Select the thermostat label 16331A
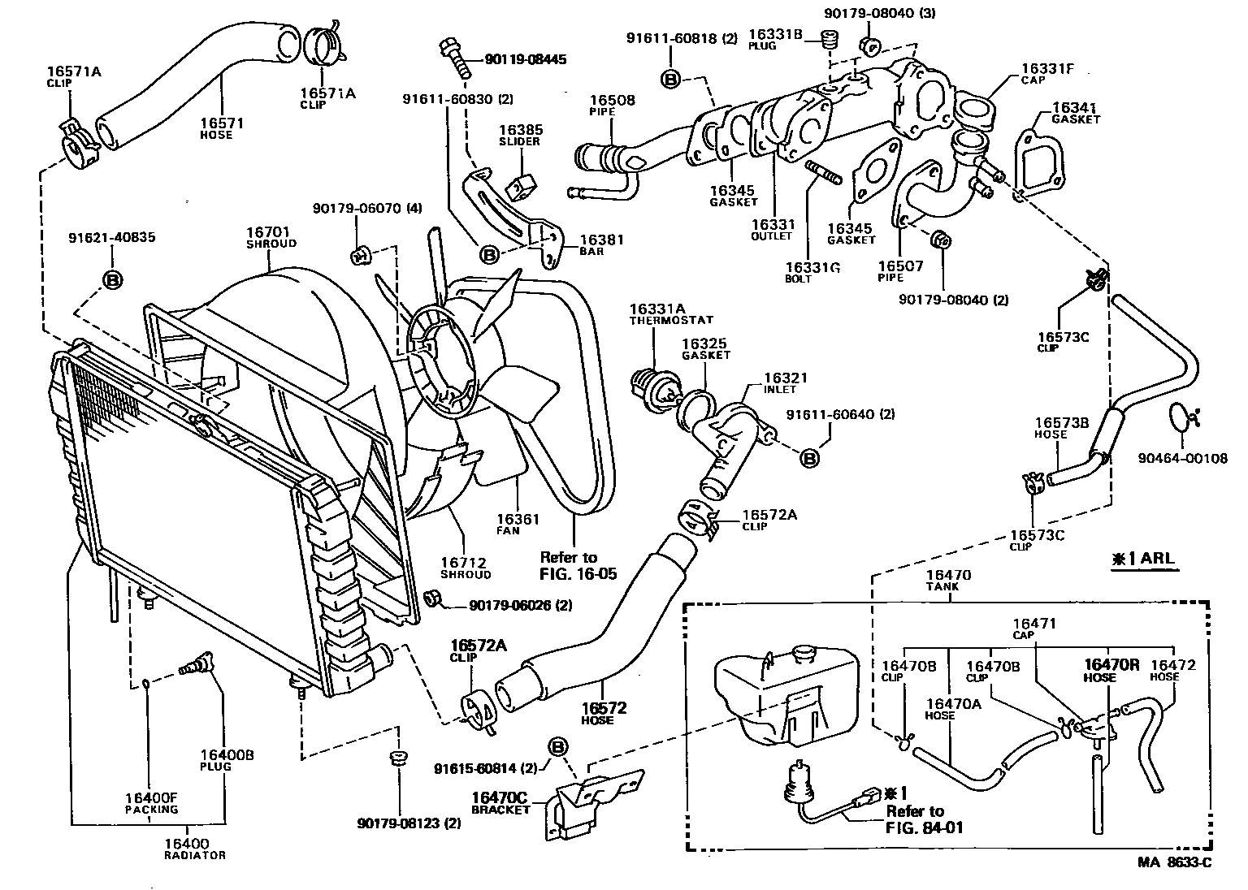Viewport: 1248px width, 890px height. coord(658,309)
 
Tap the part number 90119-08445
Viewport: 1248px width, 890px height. coord(525,59)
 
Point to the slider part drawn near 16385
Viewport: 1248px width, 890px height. coord(518,187)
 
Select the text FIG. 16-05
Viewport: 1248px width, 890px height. coord(578,574)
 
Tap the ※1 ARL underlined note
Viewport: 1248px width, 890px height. coord(1144,559)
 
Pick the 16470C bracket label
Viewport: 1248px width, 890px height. coord(500,797)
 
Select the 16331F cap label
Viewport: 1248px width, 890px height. coord(1047,69)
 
